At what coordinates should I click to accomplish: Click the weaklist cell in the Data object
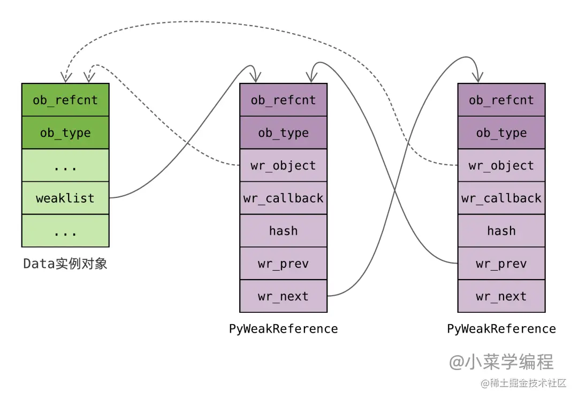[65, 198]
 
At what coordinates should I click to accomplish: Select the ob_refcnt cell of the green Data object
[65, 100]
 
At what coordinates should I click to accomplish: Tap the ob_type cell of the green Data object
[65, 133]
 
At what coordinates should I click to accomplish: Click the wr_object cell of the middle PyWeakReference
[283, 165]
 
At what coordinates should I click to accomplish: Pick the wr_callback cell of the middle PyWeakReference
[283, 198]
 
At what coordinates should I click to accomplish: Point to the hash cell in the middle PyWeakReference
[283, 230]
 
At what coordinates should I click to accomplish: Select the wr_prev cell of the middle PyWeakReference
[283, 264]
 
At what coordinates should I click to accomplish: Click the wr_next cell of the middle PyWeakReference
[283, 296]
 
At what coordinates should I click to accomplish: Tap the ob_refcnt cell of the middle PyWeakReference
[283, 100]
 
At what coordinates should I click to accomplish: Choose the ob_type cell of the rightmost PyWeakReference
[501, 133]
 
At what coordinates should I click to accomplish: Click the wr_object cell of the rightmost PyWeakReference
[501, 165]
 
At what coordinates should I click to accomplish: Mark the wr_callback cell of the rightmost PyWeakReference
[501, 198]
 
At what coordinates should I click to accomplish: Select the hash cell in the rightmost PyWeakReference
[501, 230]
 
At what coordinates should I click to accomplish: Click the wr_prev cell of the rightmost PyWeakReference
[501, 264]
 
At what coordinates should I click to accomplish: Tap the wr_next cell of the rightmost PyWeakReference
[501, 296]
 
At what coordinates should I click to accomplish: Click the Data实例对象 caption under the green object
[65, 264]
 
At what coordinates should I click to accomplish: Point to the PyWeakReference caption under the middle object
[283, 328]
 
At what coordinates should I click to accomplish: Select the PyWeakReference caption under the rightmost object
[501, 328]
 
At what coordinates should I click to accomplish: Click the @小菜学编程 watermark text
[501, 362]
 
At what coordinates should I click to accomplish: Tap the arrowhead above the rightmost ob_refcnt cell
[477, 78]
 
